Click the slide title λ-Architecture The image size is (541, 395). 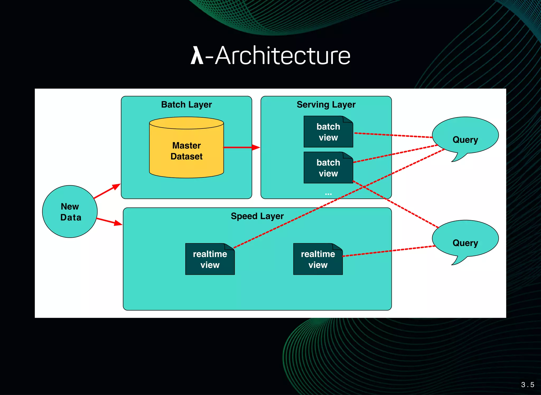(x=270, y=56)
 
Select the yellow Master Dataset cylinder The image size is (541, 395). (x=186, y=151)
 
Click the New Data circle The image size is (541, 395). (x=70, y=212)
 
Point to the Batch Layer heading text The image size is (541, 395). (x=186, y=104)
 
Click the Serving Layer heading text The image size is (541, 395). (x=326, y=104)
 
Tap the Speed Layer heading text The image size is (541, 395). (x=257, y=216)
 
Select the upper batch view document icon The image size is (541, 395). (x=328, y=132)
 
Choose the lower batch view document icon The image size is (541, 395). (x=328, y=168)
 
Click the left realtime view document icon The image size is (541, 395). (x=210, y=259)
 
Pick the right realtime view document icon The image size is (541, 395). (x=318, y=259)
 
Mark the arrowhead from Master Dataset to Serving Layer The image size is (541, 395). (x=256, y=147)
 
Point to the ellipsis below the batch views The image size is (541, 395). (x=328, y=194)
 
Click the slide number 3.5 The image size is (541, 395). (x=528, y=385)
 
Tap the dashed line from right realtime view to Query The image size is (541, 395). (x=388, y=251)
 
